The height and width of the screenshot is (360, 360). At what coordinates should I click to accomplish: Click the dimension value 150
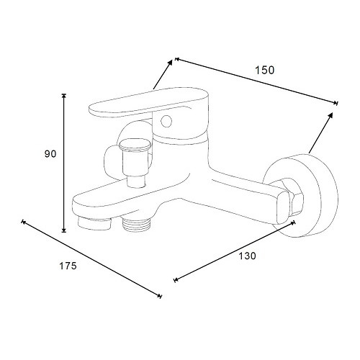click(x=264, y=70)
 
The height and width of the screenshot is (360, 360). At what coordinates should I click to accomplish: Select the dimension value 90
click(x=50, y=154)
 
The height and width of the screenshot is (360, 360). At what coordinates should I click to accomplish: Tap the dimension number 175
click(x=68, y=266)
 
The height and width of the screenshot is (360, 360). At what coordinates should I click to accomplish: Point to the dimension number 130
click(x=247, y=256)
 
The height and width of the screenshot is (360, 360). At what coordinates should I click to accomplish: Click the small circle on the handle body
click(x=166, y=121)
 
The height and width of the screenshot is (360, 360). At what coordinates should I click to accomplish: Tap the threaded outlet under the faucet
click(x=137, y=224)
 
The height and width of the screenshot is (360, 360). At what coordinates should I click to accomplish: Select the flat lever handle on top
click(x=149, y=103)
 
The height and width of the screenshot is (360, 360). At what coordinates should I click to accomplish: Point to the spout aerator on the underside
click(x=94, y=222)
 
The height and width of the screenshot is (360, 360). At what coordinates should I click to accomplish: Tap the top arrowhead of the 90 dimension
click(x=63, y=95)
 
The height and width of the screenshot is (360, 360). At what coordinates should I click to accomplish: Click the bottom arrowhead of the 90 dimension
click(x=63, y=230)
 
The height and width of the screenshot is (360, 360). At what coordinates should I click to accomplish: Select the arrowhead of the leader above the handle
click(x=170, y=63)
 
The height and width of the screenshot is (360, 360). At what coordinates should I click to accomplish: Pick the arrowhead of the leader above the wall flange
click(x=330, y=115)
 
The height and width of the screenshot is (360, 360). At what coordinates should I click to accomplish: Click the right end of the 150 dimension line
click(x=337, y=103)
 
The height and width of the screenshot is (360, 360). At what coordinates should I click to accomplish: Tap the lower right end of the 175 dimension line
click(x=161, y=296)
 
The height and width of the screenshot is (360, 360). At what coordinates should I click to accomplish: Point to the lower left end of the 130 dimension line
click(x=175, y=280)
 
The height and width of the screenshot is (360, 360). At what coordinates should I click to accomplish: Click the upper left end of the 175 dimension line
click(x=23, y=221)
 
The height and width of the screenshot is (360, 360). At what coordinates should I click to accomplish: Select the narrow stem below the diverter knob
click(x=136, y=181)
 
